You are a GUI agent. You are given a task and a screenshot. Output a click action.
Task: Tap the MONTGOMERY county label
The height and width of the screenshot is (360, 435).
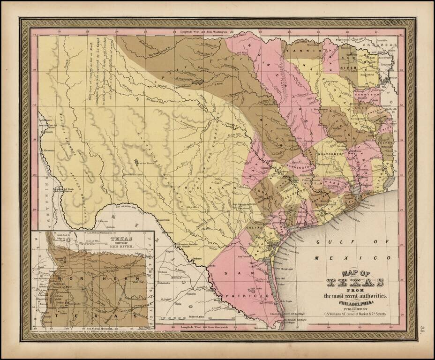click(x=331, y=153)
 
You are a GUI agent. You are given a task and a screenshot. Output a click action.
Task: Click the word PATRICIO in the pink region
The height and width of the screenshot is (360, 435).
click(x=249, y=296)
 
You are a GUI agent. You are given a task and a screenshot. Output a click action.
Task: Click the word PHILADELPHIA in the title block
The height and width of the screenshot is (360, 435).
click(x=355, y=302)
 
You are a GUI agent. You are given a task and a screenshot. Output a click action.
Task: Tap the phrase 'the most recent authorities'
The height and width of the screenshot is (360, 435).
click(x=355, y=296)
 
